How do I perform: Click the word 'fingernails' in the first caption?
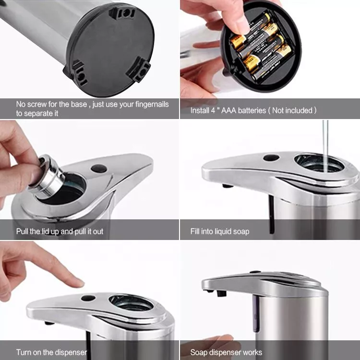(152, 104)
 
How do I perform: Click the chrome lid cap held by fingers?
(47, 176)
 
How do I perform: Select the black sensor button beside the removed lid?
(99, 169)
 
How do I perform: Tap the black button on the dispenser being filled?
(271, 158)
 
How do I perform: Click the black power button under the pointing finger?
(88, 298)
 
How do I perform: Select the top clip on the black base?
(121, 13)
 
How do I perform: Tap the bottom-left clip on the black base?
(78, 73)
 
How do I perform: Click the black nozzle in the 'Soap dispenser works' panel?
(221, 293)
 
